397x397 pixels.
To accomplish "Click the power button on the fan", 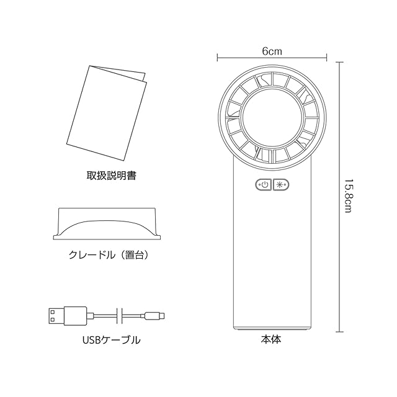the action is (x=264, y=185).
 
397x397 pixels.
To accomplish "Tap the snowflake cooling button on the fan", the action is (x=281, y=185).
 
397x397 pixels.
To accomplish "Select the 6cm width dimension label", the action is (x=272, y=51).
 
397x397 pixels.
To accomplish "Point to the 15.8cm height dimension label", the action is (x=349, y=196).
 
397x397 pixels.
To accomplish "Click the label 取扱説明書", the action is (x=112, y=176).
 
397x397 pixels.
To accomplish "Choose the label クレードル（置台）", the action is (x=109, y=255).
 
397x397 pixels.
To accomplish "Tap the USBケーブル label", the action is (x=112, y=340).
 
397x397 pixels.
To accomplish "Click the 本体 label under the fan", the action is (x=271, y=339).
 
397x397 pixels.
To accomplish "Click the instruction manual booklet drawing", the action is (x=107, y=113).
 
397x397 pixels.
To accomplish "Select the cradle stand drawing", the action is (x=107, y=224).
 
